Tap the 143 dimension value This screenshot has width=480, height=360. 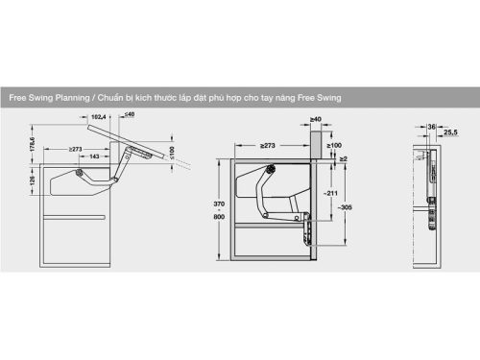click(x=96, y=157)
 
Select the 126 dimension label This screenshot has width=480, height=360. click(x=31, y=180)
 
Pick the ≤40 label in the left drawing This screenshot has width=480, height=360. click(x=129, y=115)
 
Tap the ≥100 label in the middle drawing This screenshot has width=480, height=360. click(x=334, y=145)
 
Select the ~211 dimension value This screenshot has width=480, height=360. click(x=331, y=193)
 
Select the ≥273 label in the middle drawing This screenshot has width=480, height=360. click(x=268, y=145)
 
